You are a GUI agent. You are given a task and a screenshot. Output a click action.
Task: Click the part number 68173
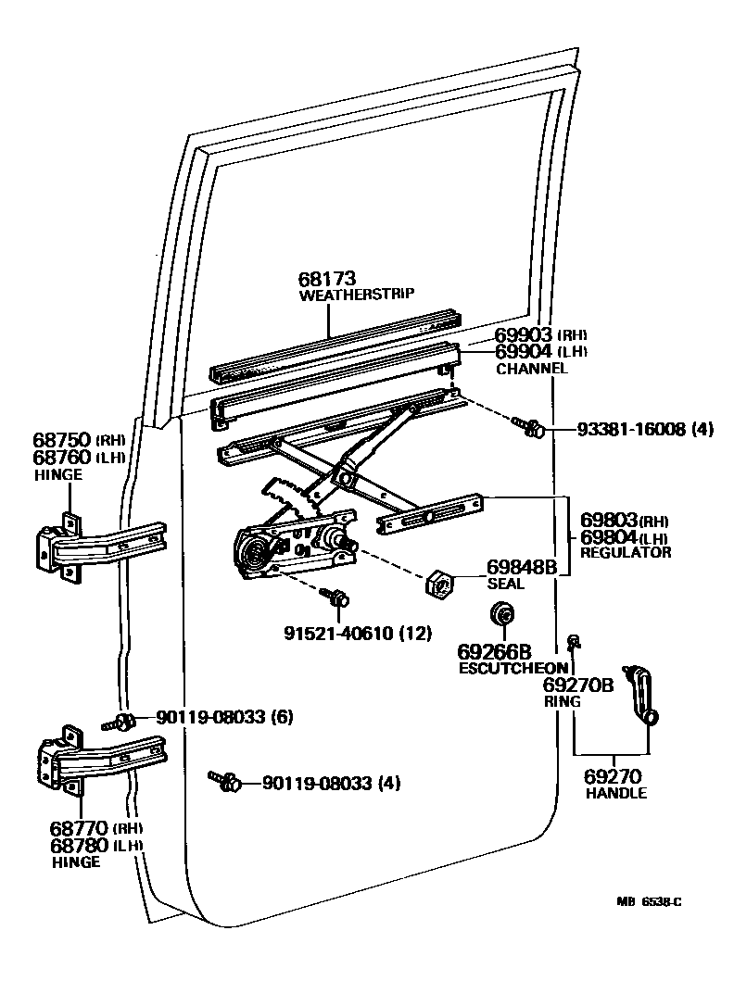[x=327, y=279]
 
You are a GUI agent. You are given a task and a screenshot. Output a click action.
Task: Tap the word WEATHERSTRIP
[x=357, y=296]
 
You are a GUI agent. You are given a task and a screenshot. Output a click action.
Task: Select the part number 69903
[x=524, y=334]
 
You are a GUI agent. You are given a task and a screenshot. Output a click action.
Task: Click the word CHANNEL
[x=532, y=369]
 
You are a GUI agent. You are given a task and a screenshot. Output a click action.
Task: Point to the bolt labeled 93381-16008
[x=530, y=427]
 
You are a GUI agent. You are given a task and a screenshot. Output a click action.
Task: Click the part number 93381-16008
[x=629, y=430]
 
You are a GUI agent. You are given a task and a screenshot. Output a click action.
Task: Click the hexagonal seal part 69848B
[x=437, y=585]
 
